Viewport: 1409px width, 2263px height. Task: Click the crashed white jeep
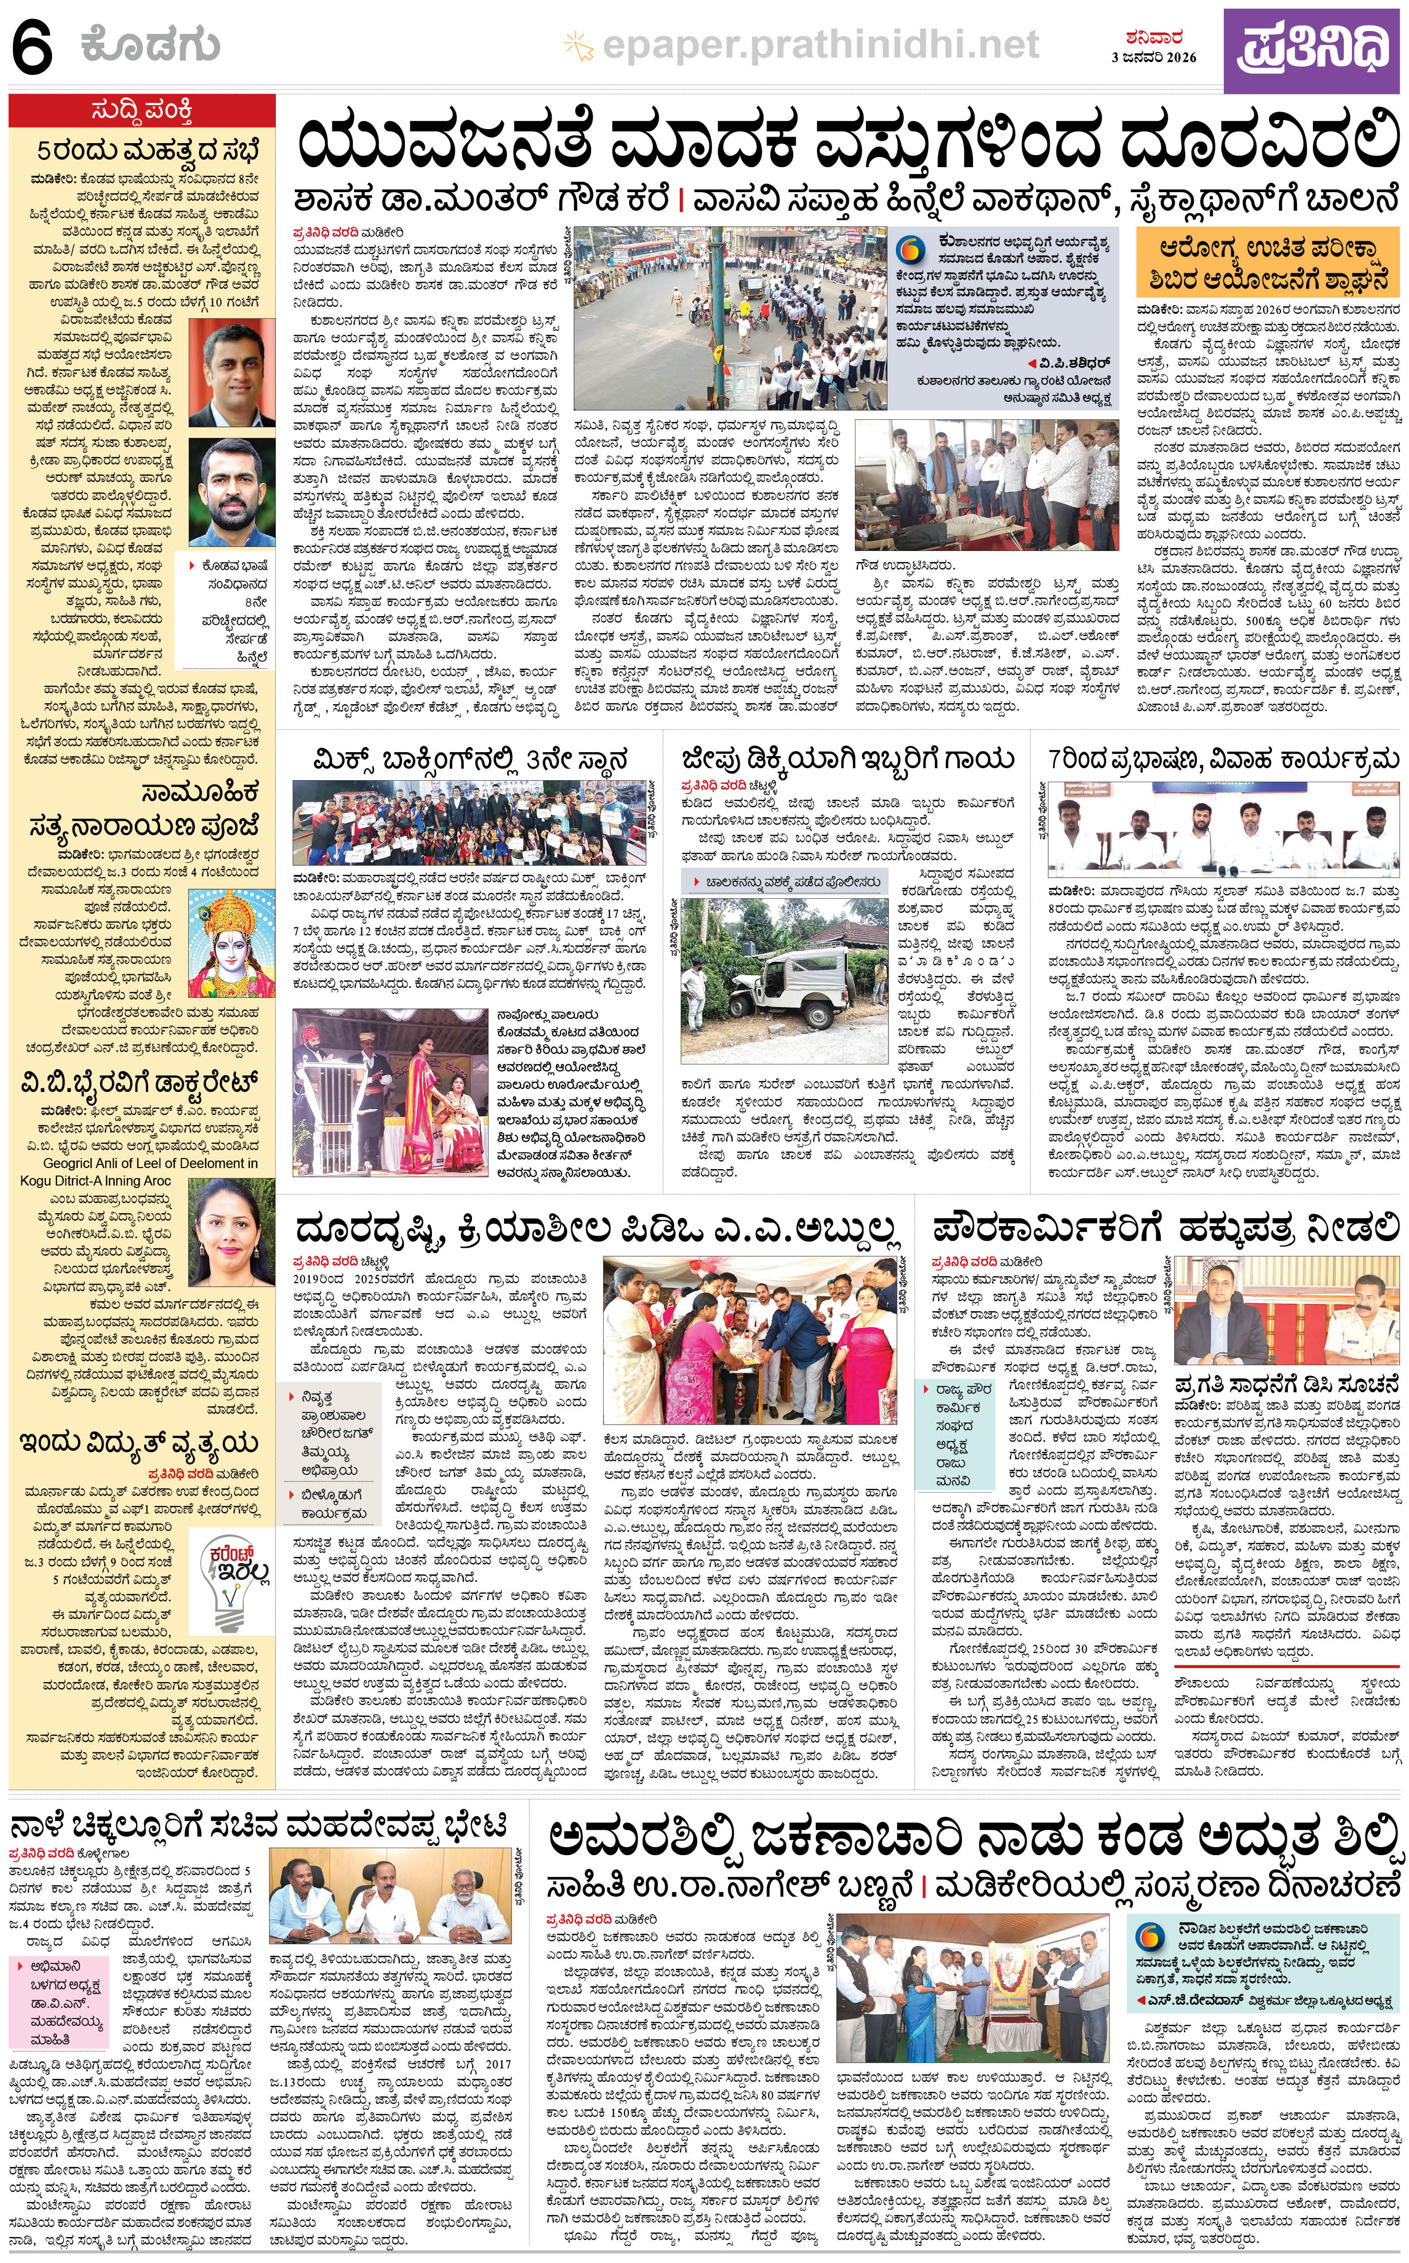[778, 981]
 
